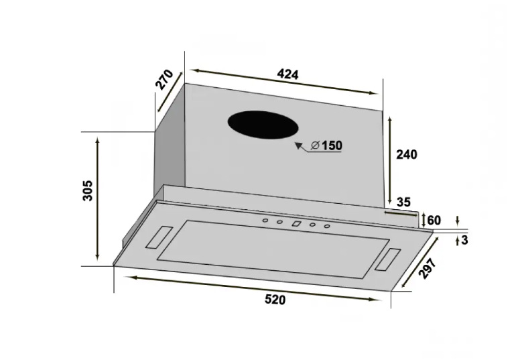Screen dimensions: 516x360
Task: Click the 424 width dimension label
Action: click(x=287, y=74)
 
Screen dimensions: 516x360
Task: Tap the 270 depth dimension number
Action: click(x=164, y=79)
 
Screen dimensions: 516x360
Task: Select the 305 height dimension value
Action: click(x=88, y=190)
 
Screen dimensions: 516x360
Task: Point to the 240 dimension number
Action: click(x=406, y=154)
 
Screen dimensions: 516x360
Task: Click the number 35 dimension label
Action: click(x=404, y=202)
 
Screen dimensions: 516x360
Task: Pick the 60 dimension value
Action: click(x=434, y=220)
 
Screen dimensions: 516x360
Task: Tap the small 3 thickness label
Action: click(x=464, y=240)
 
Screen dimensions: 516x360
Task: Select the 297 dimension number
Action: click(x=428, y=269)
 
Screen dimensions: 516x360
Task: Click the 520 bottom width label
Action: click(x=275, y=300)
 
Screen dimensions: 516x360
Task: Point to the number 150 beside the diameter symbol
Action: click(x=332, y=145)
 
